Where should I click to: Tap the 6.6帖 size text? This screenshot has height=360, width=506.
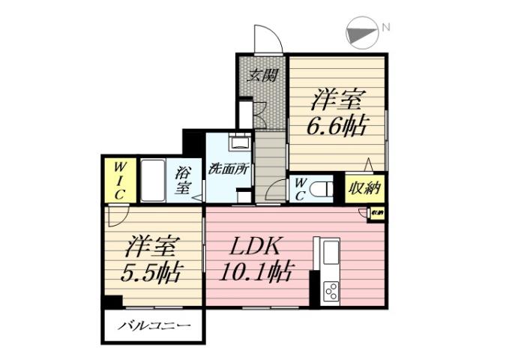click(x=336, y=126)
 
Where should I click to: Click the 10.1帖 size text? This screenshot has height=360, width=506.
click(x=255, y=271)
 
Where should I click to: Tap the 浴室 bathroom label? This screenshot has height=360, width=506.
click(x=182, y=180)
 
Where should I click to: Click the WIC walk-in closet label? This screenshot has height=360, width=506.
click(x=119, y=180)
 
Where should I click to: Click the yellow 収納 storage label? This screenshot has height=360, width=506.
click(x=365, y=187)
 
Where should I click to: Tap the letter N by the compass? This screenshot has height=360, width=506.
click(x=386, y=28)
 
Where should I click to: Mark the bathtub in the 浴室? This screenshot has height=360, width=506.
click(x=154, y=180)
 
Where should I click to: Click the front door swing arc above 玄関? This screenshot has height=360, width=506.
click(x=266, y=39)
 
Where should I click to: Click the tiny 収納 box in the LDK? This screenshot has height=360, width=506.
click(x=377, y=213)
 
